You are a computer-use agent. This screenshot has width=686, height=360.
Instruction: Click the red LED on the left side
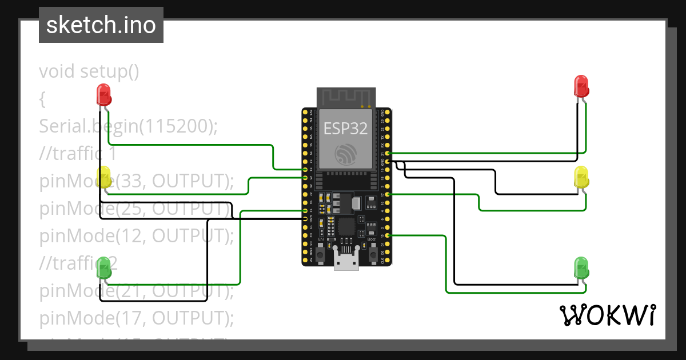(x=103, y=94)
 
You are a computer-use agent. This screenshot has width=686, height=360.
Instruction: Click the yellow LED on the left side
(x=105, y=177)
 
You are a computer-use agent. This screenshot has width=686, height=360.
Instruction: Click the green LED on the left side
(x=104, y=267)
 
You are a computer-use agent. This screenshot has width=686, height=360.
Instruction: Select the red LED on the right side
(x=581, y=86)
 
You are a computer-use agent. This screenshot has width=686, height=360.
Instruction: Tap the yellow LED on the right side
(x=581, y=177)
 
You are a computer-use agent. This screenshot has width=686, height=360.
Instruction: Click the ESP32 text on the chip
(x=345, y=128)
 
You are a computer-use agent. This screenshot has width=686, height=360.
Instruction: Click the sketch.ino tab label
(x=101, y=25)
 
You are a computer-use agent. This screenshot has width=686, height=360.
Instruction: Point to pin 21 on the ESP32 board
(x=388, y=153)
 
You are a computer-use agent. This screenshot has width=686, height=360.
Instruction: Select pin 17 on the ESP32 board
(x=388, y=194)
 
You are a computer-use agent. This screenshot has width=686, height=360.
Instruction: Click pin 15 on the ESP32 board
(x=388, y=235)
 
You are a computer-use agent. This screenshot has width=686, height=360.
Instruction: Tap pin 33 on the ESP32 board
(x=305, y=170)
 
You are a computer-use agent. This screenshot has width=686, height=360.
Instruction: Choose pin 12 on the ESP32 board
(x=305, y=211)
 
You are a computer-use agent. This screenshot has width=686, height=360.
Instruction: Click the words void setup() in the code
(x=89, y=71)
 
